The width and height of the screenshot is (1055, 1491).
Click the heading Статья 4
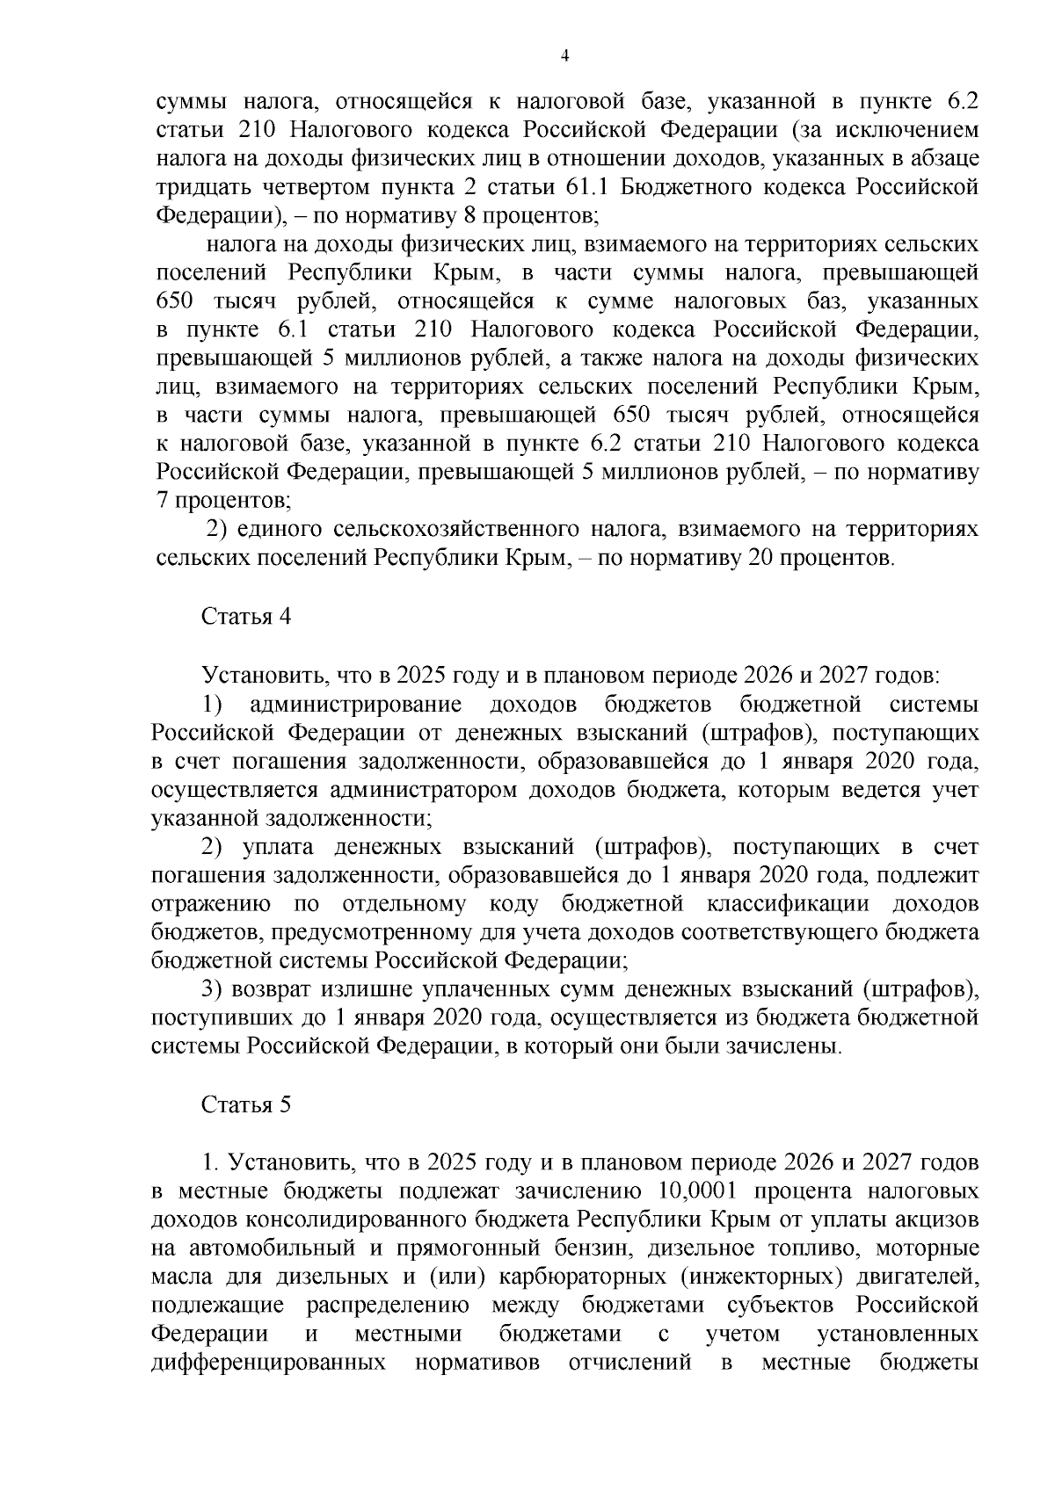245,616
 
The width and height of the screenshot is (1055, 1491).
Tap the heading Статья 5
245,1104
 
